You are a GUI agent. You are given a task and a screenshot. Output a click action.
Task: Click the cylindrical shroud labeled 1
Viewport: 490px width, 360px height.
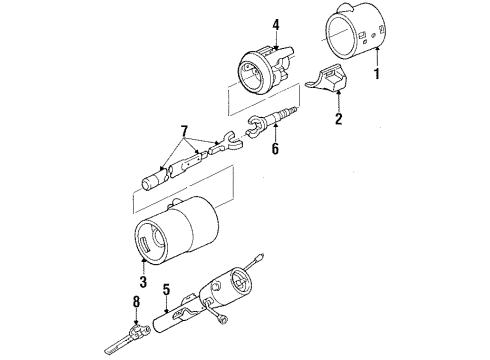pos(350,35)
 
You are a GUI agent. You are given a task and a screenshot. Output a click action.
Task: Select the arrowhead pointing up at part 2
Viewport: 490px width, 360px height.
pos(339,97)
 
